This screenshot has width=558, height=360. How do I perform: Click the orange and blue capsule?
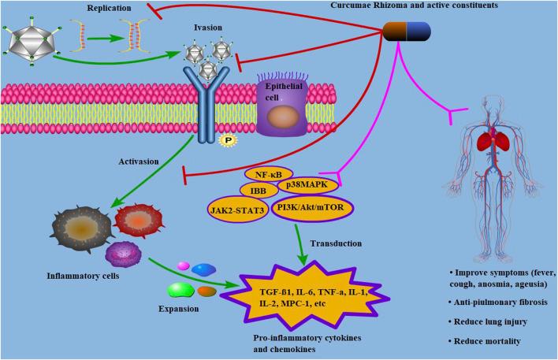[407, 31]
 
